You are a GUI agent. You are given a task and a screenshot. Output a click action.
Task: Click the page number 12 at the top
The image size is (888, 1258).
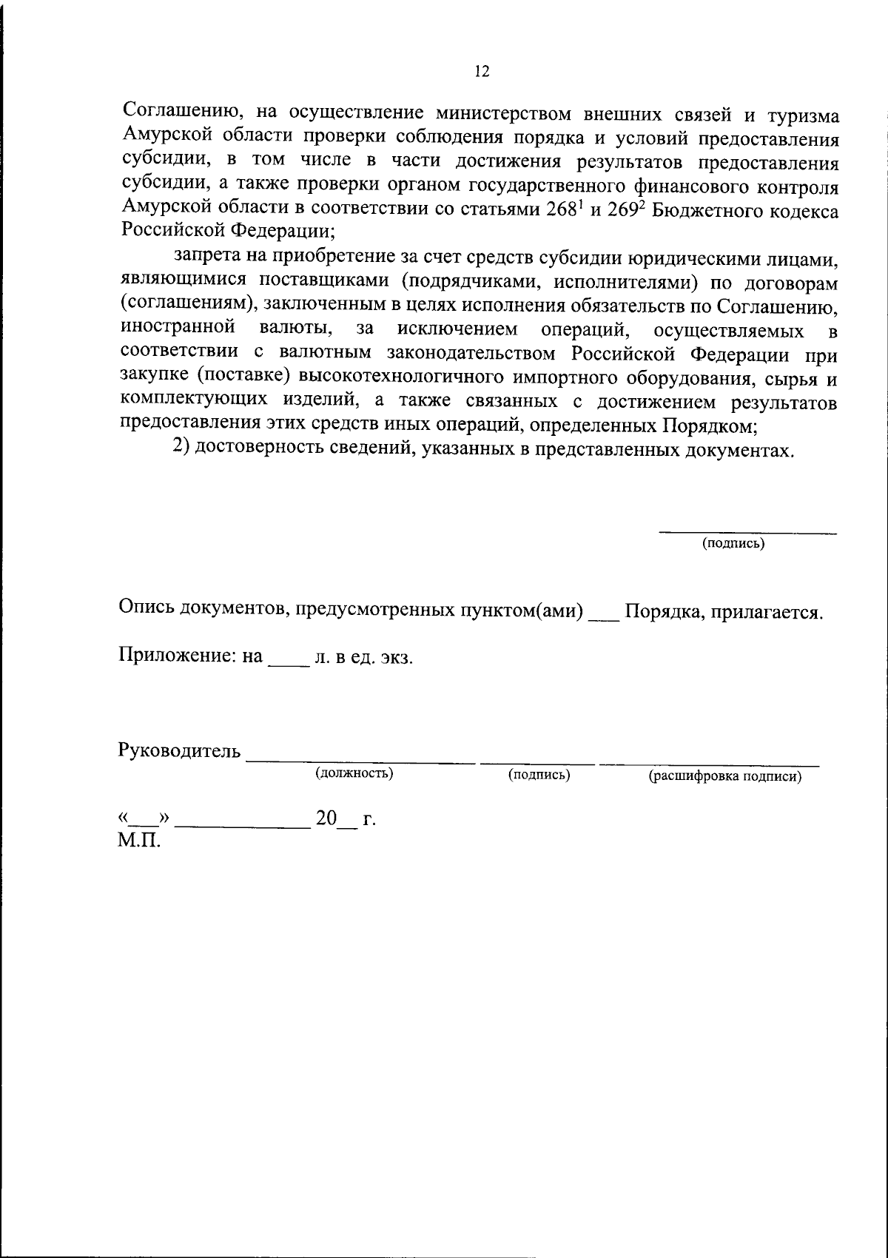481,71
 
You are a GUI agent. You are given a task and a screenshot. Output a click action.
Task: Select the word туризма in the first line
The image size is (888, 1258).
802,115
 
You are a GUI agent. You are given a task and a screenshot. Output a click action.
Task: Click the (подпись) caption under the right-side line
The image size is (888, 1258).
733,544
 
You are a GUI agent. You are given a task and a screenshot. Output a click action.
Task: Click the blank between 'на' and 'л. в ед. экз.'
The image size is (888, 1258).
288,659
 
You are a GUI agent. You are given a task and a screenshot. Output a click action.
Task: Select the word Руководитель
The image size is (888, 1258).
179,750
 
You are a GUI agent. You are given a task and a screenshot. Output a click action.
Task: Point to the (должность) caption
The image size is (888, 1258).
354,773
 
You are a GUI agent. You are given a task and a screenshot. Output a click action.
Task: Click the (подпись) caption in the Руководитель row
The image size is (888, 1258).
539,775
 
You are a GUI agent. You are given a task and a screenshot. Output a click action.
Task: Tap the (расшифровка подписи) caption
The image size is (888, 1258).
725,777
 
